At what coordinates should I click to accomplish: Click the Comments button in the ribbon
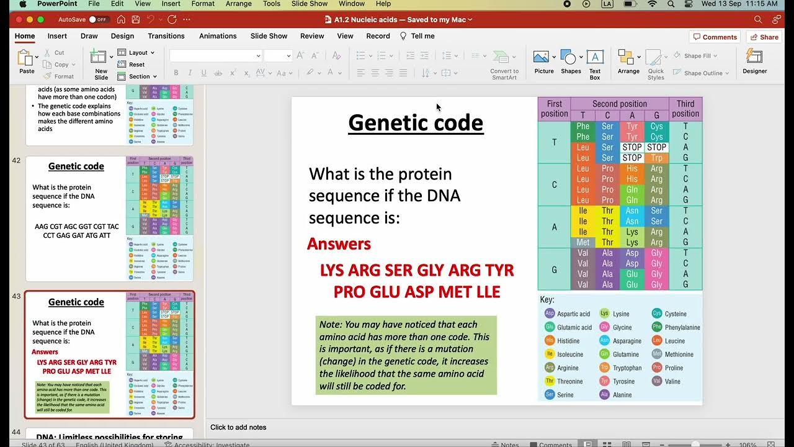[x=715, y=37]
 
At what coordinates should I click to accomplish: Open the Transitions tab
[x=166, y=36]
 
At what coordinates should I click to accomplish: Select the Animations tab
[x=218, y=36]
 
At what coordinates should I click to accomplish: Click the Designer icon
[x=754, y=61]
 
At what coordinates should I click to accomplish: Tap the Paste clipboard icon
[x=26, y=59]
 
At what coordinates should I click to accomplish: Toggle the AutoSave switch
[x=97, y=20]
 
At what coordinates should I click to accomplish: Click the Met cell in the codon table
[x=583, y=243]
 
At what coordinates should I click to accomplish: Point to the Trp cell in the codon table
[x=657, y=158]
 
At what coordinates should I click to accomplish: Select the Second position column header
[x=619, y=104]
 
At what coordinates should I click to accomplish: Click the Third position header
[x=685, y=109]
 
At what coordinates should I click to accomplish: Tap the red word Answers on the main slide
[x=339, y=244]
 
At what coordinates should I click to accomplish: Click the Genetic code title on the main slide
[x=416, y=123]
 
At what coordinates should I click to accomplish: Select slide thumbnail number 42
[x=109, y=219]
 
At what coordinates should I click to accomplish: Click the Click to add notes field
[x=238, y=427]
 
